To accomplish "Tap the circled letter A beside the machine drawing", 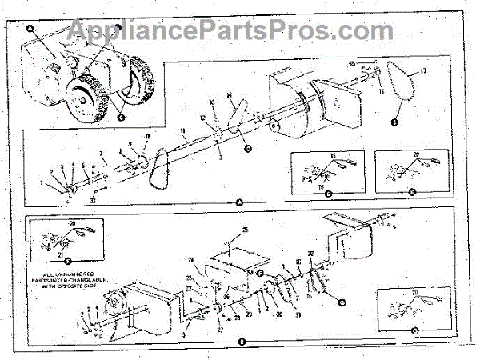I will [31, 29].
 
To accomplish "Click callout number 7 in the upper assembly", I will [102, 152].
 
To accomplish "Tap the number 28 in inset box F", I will [72, 224].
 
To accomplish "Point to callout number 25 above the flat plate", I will [246, 231].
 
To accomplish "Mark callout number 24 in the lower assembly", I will [191, 260].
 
